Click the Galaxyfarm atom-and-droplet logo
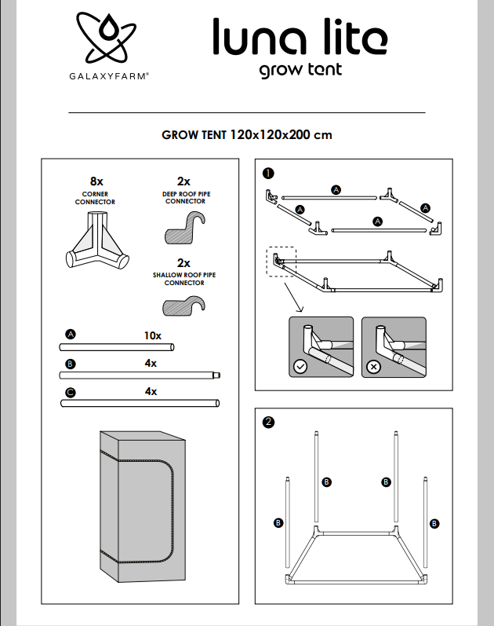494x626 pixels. (107, 38)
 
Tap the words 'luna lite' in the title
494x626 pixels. (300, 36)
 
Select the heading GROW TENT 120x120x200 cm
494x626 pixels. (247, 135)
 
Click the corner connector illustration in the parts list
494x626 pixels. (97, 240)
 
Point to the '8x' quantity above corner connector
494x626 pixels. (96, 181)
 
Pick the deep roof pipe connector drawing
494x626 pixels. (185, 228)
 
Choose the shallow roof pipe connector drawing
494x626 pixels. (183, 306)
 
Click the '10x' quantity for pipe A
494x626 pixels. (153, 335)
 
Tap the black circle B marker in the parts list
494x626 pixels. (70, 364)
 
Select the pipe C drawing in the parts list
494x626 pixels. (140, 403)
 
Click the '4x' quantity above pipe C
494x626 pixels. (151, 392)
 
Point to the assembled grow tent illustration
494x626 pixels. (143, 507)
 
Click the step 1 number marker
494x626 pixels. (268, 174)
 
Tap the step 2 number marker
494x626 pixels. (268, 422)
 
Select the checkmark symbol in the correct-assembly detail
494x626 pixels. (300, 367)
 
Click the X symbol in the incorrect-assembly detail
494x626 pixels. (373, 367)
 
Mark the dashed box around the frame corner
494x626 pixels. (281, 262)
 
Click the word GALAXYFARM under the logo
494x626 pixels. (109, 76)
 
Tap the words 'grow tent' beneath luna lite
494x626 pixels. (300, 70)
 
